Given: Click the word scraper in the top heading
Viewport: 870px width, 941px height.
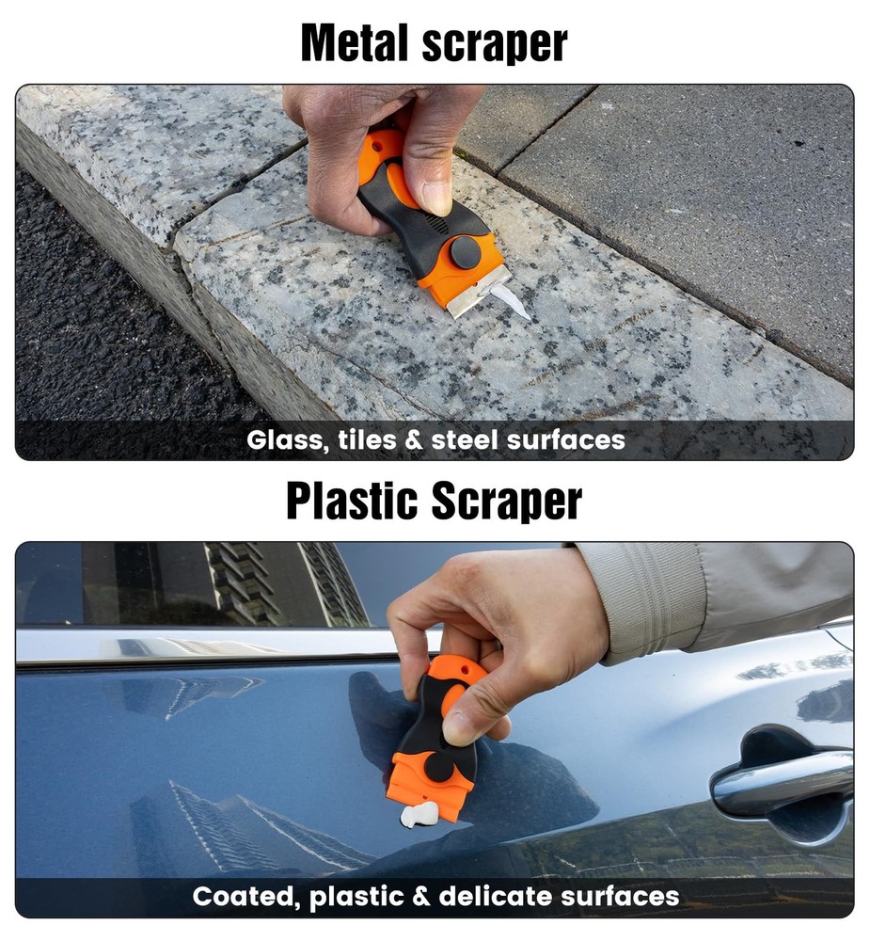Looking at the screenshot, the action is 495,44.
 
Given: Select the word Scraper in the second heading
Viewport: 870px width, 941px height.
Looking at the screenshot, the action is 506,502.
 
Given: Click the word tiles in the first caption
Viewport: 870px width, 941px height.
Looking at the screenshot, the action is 367,439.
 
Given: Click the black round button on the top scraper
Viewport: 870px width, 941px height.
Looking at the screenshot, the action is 465,252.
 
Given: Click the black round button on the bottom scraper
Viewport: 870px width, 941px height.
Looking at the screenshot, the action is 440,766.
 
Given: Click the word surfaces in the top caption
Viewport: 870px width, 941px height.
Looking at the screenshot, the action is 566,439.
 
